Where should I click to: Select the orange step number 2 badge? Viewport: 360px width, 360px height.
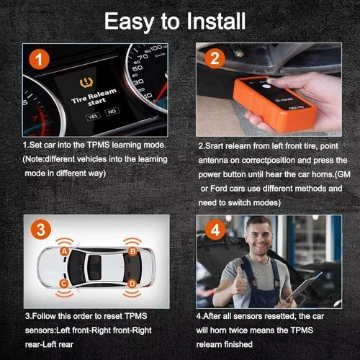214,59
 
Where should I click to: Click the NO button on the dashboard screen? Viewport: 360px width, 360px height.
112,114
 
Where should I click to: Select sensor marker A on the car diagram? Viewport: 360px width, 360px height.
65,251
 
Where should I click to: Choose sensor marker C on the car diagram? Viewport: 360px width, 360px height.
64,284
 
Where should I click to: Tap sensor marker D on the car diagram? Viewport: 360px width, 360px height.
132,284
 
